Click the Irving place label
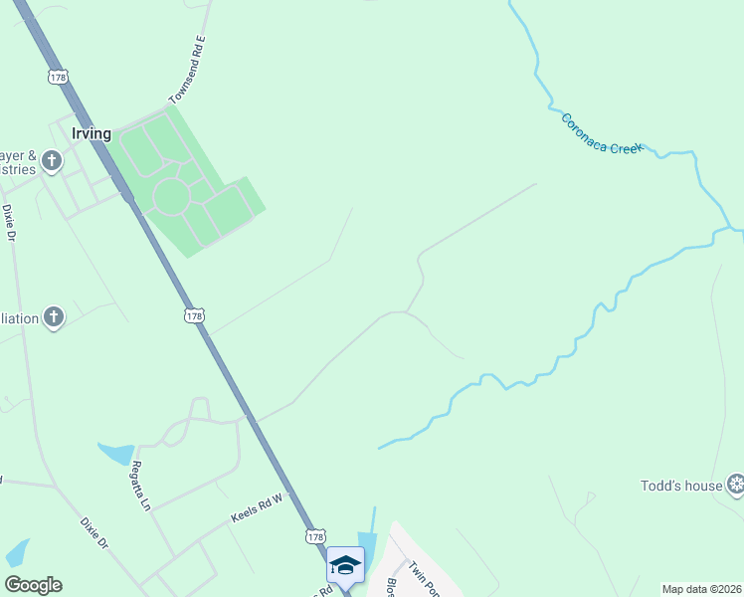pyautogui.click(x=91, y=132)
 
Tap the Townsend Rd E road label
pyautogui.click(x=187, y=70)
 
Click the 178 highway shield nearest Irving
pyautogui.click(x=59, y=76)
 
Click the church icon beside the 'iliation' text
pyautogui.click(x=54, y=317)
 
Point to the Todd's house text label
pyautogui.click(x=681, y=486)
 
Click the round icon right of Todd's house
pyautogui.click(x=735, y=485)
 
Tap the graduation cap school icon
pyautogui.click(x=345, y=564)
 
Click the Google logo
pyautogui.click(x=33, y=585)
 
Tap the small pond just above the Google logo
pyautogui.click(x=18, y=552)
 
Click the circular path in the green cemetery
pyautogui.click(x=170, y=197)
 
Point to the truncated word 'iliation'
pyautogui.click(x=19, y=318)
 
